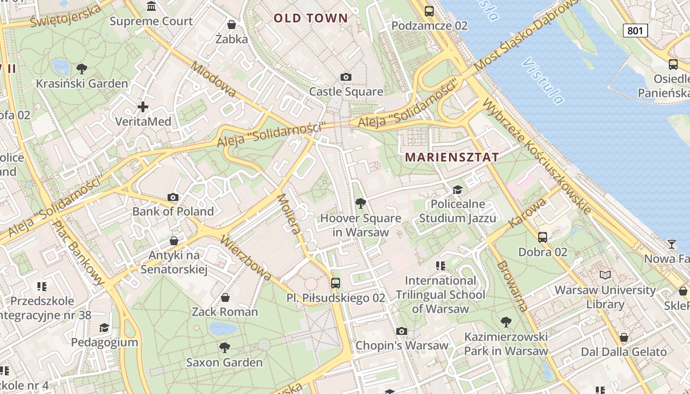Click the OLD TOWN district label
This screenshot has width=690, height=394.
[310, 19]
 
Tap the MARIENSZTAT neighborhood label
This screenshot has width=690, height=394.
[451, 158]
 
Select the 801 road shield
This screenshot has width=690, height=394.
[635, 31]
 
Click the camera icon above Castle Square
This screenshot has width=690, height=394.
[346, 77]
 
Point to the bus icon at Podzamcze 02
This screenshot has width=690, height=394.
[429, 11]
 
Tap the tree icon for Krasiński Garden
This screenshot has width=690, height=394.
[82, 68]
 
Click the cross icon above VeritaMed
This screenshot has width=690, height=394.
[143, 106]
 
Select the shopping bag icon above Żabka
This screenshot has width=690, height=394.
[231, 24]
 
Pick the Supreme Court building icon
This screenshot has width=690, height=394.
[151, 6]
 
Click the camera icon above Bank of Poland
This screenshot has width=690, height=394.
[173, 197]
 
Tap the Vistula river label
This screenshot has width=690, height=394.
[543, 81]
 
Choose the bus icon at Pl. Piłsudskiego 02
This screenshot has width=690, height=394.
[336, 283]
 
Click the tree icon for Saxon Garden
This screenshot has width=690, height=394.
[224, 348]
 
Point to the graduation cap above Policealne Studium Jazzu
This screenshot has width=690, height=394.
[458, 190]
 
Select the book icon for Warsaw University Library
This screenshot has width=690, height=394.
[605, 275]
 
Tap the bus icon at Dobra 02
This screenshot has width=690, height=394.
[543, 237]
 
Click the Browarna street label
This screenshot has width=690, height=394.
[513, 286]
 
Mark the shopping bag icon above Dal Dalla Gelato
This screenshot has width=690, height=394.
[623, 337]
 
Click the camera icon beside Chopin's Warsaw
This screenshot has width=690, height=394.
[402, 331]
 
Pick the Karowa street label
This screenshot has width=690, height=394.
[527, 213]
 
